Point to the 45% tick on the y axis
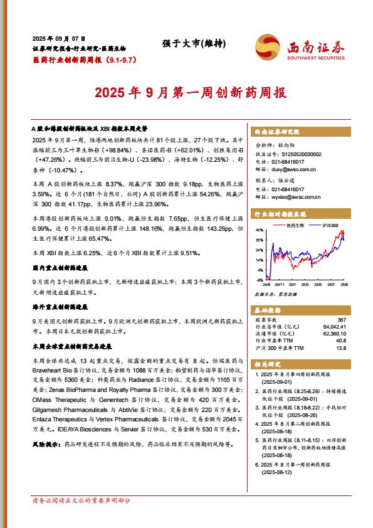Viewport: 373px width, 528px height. (x=259, y=231)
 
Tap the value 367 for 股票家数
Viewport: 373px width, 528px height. (x=341, y=320)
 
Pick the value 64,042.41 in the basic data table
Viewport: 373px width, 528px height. (x=335, y=327)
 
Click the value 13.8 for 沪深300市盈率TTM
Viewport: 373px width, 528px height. (x=341, y=348)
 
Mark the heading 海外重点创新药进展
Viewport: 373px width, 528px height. (x=60, y=308)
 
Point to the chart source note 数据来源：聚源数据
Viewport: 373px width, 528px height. (x=271, y=293)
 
